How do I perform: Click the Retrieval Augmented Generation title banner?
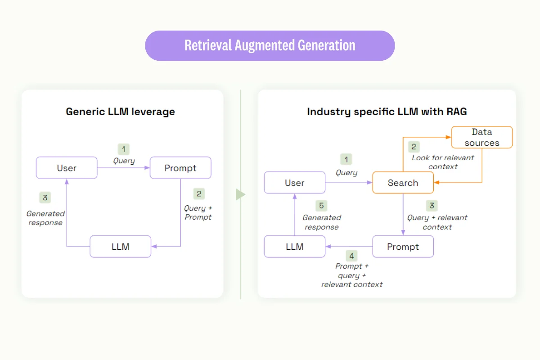[x=270, y=45]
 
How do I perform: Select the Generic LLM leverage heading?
[x=120, y=112]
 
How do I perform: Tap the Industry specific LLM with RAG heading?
[x=387, y=112]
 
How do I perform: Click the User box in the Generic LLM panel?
[x=67, y=168]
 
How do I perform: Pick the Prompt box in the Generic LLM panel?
[x=180, y=168]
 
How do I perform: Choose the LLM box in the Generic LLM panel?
[x=121, y=247]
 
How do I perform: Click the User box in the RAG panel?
[x=295, y=183]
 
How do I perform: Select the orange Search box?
[x=403, y=183]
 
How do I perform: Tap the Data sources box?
[x=482, y=137]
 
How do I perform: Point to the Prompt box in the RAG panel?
[x=403, y=247]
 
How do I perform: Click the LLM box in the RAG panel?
[x=295, y=247]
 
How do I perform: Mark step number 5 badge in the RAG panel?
[x=321, y=206]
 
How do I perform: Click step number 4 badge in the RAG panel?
[x=352, y=256]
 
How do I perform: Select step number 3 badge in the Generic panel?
[x=45, y=198]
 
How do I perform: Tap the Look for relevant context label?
[x=443, y=162]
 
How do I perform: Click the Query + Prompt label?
[x=198, y=212]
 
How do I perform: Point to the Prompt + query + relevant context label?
[x=352, y=275]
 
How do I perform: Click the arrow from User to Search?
[x=349, y=183]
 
